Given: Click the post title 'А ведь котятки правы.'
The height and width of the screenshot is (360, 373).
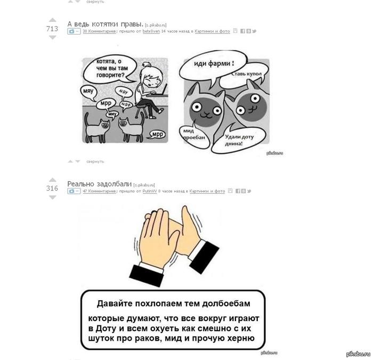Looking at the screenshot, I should point(106,24).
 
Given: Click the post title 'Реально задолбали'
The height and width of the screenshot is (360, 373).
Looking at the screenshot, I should point(99,184).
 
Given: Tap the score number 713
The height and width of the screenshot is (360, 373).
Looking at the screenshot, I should point(52,29).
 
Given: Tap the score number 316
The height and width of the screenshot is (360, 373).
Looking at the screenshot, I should point(52,188).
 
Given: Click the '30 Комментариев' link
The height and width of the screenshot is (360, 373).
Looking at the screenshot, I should point(100,31).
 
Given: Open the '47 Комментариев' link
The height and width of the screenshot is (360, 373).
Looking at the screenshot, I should point(100,191).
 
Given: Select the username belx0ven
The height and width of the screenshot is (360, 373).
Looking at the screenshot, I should point(151,31).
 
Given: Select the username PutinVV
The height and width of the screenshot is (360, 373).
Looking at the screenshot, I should point(150,191).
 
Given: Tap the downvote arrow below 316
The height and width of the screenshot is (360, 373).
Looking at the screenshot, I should point(52,198).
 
